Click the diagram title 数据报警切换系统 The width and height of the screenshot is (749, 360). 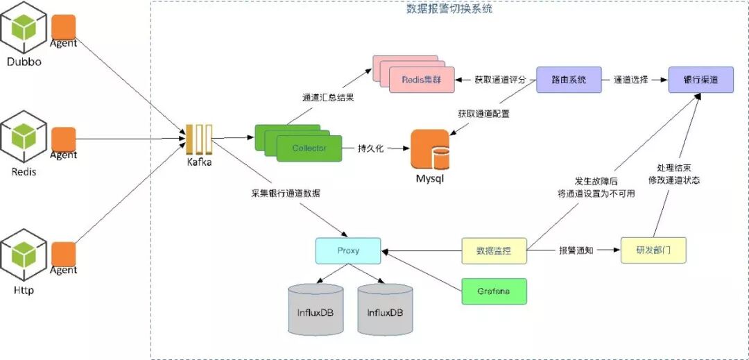(x=449, y=9)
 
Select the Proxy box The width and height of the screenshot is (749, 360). (x=347, y=250)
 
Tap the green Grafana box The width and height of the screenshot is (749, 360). (x=494, y=291)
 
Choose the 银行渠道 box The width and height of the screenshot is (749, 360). (x=700, y=80)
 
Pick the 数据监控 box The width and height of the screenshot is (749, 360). (x=494, y=250)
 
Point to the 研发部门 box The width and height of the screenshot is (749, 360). (x=653, y=250)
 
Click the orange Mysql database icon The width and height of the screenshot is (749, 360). (x=430, y=149)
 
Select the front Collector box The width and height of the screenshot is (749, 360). (x=309, y=148)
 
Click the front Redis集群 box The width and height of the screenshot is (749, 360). (x=422, y=80)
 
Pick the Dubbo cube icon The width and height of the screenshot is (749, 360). (x=24, y=28)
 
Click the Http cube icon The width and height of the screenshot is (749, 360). (x=24, y=257)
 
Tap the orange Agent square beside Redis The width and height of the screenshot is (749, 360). (x=63, y=139)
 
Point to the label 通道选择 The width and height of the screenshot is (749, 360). (x=631, y=80)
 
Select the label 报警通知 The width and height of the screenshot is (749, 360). (x=576, y=250)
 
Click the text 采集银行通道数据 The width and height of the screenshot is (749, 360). (x=286, y=193)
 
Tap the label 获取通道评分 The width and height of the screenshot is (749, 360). (x=497, y=80)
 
